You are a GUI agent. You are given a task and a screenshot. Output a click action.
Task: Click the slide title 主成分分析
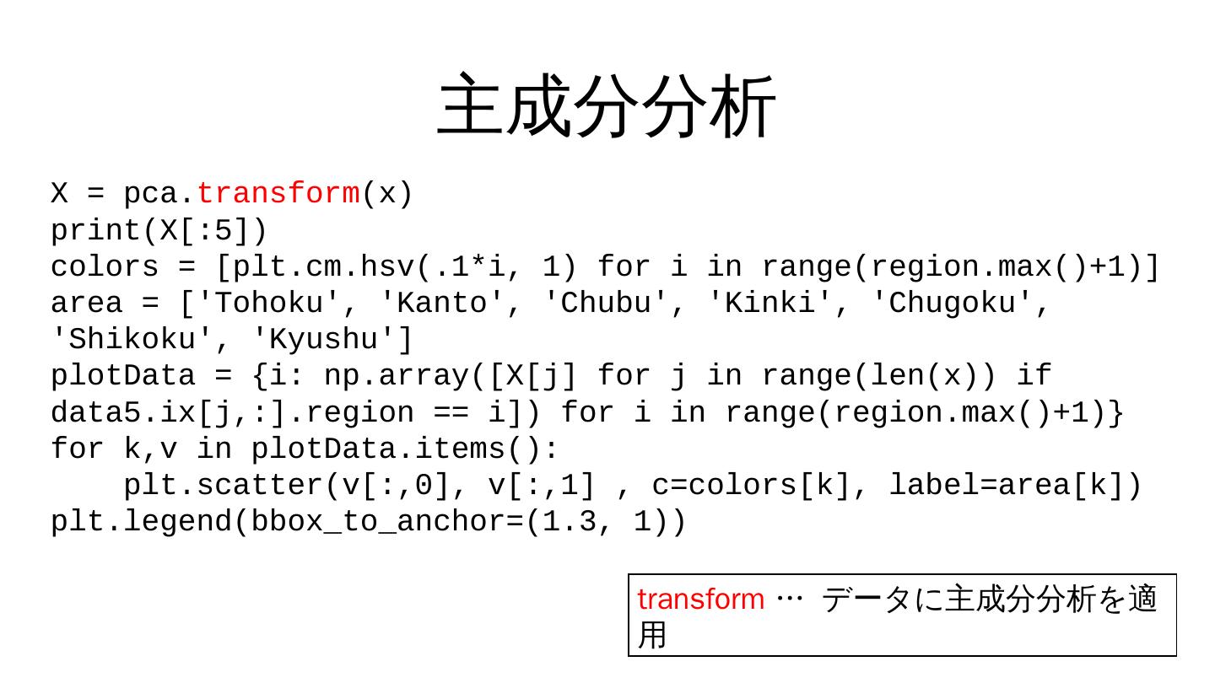607,106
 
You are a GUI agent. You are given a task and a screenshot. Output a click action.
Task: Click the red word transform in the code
278,194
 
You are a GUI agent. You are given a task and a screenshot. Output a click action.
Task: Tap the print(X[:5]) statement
159,230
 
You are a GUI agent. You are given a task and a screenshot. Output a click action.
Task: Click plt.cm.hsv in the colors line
324,267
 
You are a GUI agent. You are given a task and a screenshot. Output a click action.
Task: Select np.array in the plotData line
397,376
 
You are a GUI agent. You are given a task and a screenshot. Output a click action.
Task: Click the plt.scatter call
224,486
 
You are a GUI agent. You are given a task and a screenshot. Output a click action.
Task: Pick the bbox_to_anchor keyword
379,523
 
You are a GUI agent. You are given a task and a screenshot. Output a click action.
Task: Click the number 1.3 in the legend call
570,523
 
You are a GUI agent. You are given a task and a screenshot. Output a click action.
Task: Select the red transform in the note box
700,600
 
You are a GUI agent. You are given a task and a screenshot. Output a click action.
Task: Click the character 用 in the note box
651,635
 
